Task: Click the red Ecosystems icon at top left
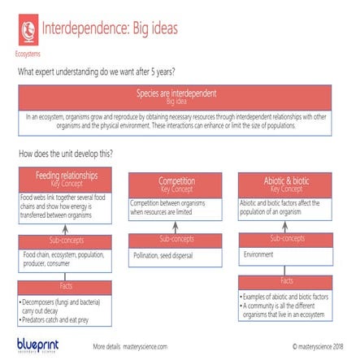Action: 28,30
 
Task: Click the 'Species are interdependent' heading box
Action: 176,97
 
